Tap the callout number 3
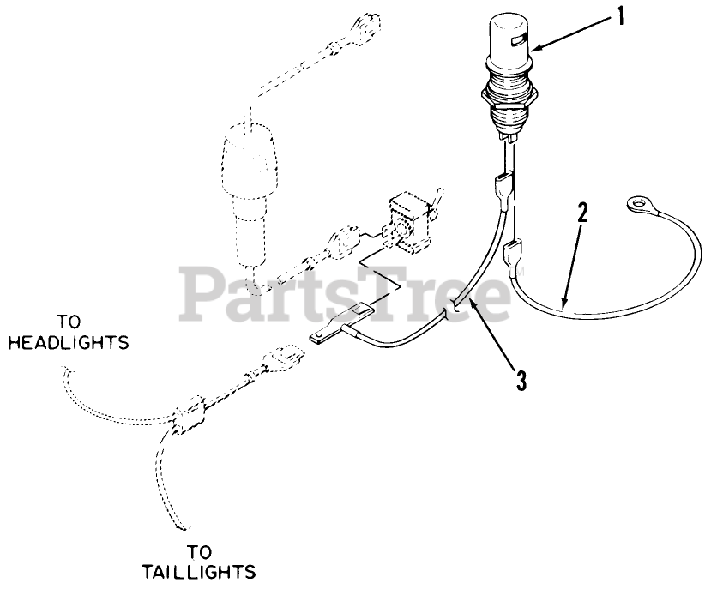tap(521, 376)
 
